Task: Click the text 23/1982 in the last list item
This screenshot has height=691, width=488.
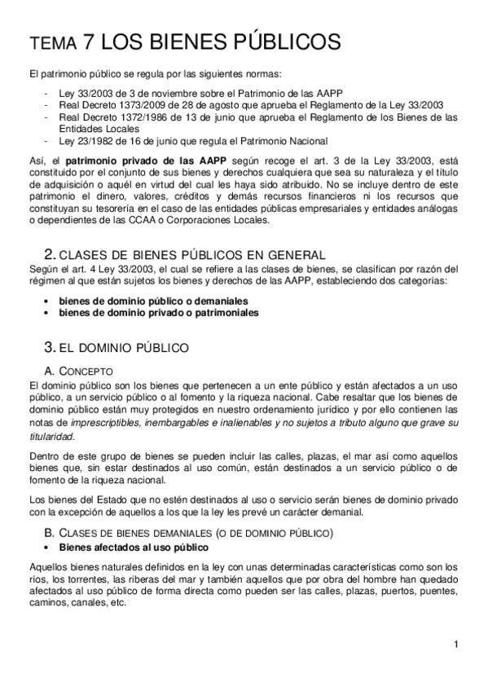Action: coord(92,139)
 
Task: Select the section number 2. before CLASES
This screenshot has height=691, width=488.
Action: coord(47,254)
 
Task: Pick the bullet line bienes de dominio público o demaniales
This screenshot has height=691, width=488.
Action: coord(153,301)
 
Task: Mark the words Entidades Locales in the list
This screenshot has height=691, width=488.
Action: coord(97,128)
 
